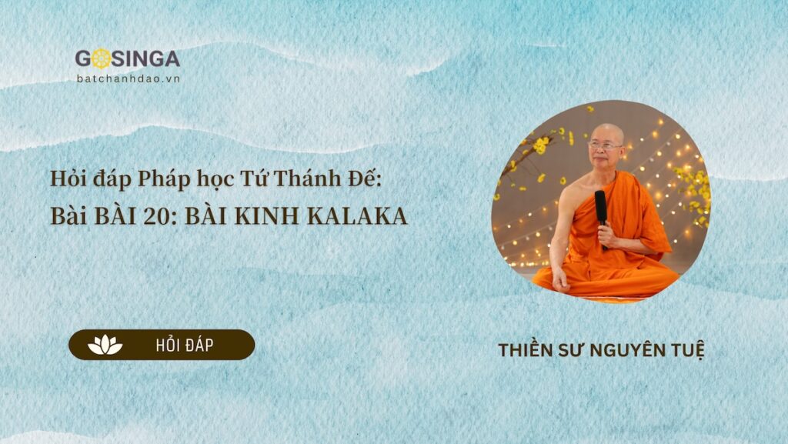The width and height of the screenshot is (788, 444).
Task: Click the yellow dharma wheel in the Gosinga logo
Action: (102, 59)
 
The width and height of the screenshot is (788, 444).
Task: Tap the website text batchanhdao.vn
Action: (129, 78)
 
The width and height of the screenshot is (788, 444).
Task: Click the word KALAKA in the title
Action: (357, 216)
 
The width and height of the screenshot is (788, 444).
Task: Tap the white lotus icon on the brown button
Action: (105, 345)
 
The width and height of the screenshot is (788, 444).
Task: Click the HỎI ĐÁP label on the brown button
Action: (185, 345)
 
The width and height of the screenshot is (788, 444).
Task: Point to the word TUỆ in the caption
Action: (688, 350)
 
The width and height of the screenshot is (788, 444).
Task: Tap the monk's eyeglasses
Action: (605, 146)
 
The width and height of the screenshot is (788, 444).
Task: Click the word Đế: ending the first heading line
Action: (366, 179)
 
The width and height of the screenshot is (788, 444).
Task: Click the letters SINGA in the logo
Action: (146, 59)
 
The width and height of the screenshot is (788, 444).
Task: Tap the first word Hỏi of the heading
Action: (66, 179)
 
